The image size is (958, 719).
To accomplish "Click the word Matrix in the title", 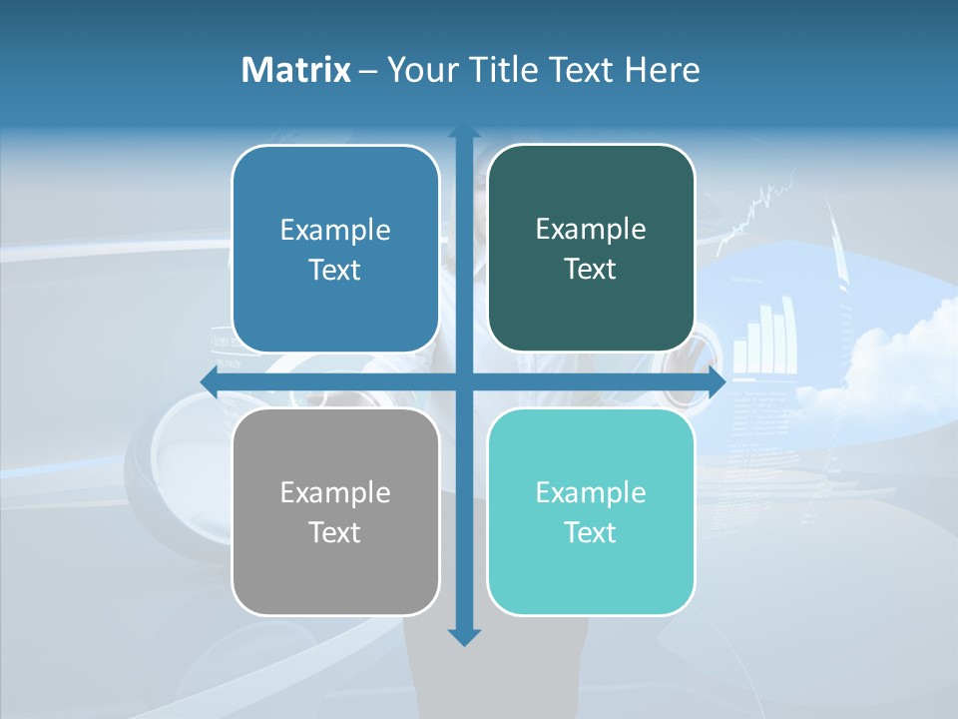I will pos(296,70).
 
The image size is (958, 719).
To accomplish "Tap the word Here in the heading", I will pos(663,70).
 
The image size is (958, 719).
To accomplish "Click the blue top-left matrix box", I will pos(335,249).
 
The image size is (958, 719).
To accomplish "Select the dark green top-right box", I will pos(591,248).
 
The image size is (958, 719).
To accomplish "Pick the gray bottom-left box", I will pos(335,511).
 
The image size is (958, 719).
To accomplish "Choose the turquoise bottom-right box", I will pos(591,511).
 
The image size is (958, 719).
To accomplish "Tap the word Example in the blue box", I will pos(335,231).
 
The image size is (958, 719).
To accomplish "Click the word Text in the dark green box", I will pos(591,270).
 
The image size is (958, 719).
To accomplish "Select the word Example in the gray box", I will pos(335,493).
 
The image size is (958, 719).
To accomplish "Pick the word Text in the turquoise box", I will pos(591,533).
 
